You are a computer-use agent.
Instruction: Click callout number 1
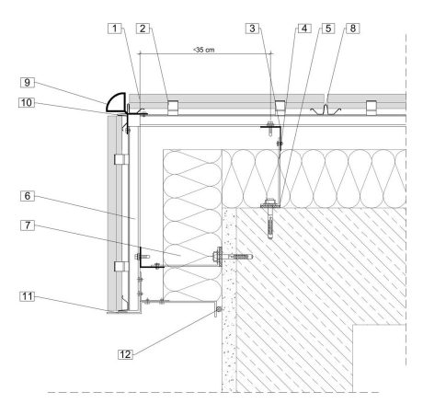click(115, 29)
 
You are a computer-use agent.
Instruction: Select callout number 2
click(143, 29)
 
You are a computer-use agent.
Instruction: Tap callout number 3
click(252, 29)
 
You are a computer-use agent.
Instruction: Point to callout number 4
click(304, 29)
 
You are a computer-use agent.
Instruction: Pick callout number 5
click(328, 29)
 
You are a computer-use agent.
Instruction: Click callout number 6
click(28, 196)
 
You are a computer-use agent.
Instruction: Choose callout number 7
click(28, 225)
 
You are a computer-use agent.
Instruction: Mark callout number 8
click(353, 29)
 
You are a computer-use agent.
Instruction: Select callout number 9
click(28, 83)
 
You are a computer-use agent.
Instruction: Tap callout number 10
click(27, 102)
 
